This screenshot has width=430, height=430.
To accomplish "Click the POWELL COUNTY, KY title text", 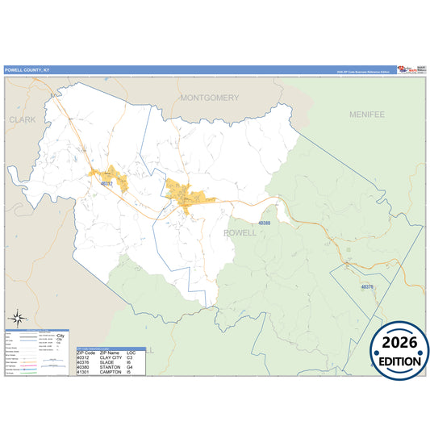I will (x=27, y=69).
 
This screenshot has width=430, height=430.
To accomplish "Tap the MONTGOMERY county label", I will (x=210, y=98).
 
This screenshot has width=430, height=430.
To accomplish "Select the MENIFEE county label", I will (x=368, y=115).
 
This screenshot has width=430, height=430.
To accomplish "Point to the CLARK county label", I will (x=23, y=119).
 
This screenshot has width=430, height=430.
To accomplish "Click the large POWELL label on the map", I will (x=239, y=232).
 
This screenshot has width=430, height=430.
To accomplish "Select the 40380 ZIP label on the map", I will (x=264, y=223).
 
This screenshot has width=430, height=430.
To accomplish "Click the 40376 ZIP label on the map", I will (x=368, y=286).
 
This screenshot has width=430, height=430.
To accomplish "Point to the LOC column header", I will (x=132, y=353).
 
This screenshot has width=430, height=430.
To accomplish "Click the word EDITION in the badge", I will (x=399, y=361).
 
